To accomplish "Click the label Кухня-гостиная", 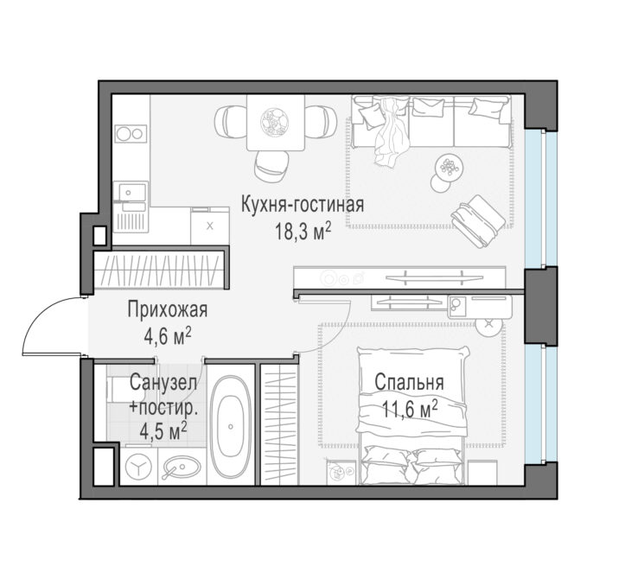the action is pos(303,205).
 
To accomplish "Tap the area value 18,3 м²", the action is pos(303,232).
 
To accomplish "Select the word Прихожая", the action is pos(168,309).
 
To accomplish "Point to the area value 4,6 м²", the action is pos(168,337).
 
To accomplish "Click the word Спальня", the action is pos(409,382).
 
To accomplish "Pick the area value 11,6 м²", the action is pos(410,410).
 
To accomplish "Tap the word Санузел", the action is pos(163,383).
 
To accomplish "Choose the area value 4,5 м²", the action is pos(163,431).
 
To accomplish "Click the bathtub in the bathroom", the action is pos(231,426).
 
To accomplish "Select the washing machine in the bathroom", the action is pos(139,467).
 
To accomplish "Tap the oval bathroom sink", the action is pos(182,468).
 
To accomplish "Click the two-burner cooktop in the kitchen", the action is pos(131,133).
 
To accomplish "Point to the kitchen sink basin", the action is pos(132,192).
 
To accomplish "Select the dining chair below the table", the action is pos(271,165).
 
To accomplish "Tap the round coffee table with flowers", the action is pos(450,168).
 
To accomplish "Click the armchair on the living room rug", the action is pos(478,221).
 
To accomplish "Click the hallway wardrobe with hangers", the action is pos(159,270).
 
